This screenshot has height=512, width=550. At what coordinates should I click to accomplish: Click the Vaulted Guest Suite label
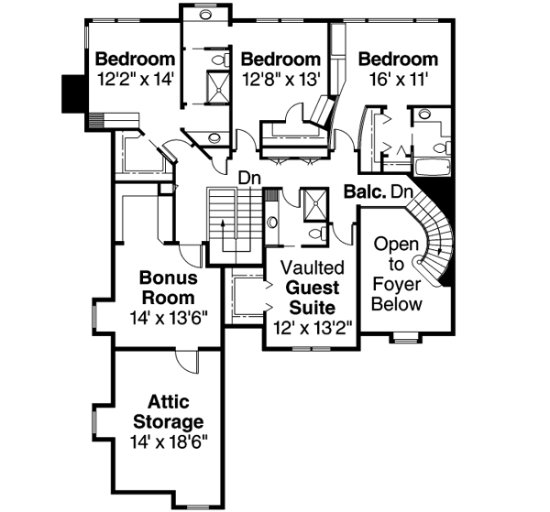(x=313, y=287)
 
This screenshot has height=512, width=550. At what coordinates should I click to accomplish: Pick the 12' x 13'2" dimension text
(x=313, y=326)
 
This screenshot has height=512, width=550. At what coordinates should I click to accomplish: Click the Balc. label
(x=364, y=192)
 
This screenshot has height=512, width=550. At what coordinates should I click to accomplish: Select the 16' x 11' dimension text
(x=398, y=80)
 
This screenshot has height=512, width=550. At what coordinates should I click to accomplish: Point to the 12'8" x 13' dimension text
(x=280, y=80)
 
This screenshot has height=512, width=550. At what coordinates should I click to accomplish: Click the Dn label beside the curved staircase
(x=401, y=192)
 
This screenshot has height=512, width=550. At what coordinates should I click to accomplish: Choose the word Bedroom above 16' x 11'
(x=398, y=60)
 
